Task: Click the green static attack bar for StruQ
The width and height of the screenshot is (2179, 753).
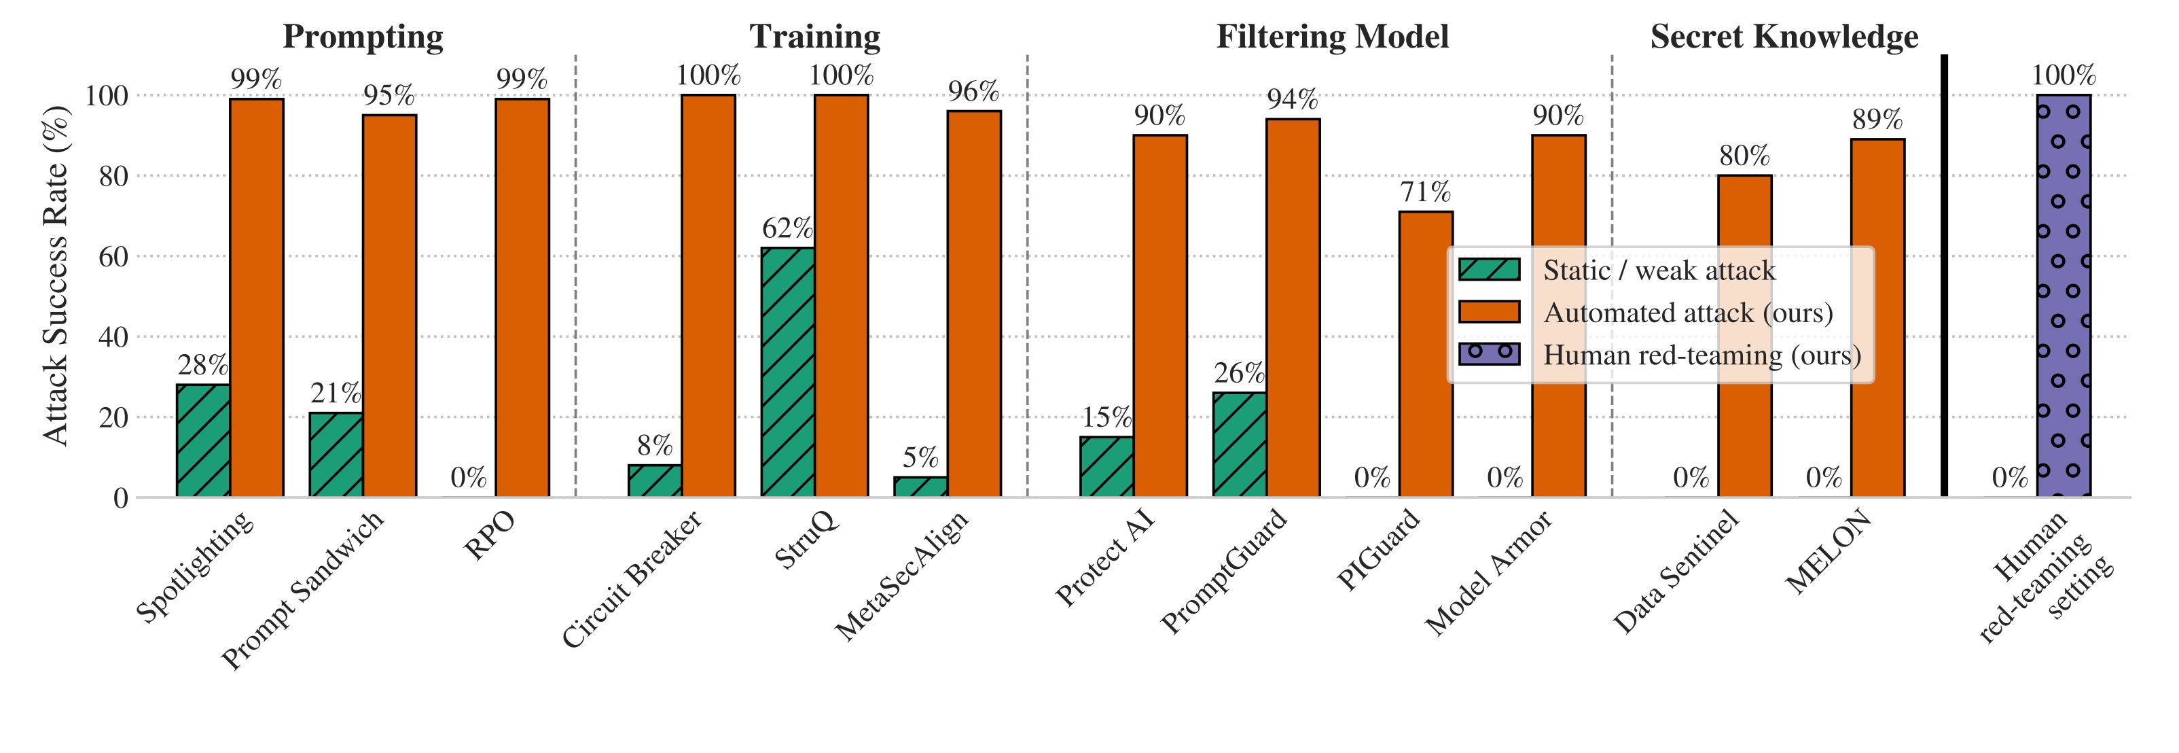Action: pyautogui.click(x=787, y=372)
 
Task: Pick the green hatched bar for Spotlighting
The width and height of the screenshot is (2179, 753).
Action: pyautogui.click(x=203, y=440)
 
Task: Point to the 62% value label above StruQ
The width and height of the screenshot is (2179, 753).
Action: pyautogui.click(x=787, y=228)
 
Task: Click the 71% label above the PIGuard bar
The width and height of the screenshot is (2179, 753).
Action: pyautogui.click(x=1425, y=192)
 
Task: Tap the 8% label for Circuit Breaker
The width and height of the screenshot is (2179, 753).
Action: pyautogui.click(x=655, y=445)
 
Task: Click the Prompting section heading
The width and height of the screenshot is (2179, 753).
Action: pyautogui.click(x=363, y=37)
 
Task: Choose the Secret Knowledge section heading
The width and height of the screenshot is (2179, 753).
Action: pyautogui.click(x=1784, y=37)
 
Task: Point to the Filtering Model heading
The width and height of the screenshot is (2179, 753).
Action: pyautogui.click(x=1332, y=37)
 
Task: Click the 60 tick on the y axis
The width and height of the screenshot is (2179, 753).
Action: pyautogui.click(x=113, y=256)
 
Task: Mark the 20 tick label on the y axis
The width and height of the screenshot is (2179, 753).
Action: pyautogui.click(x=113, y=417)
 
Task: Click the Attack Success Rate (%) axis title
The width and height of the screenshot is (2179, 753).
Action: pyautogui.click(x=55, y=275)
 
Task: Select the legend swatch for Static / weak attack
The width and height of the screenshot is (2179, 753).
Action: pyautogui.click(x=1490, y=270)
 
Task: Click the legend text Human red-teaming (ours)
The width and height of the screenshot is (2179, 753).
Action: pyautogui.click(x=1702, y=355)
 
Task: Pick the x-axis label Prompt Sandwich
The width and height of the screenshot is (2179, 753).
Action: pyautogui.click(x=303, y=590)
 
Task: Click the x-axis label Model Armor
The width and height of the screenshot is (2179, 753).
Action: pyautogui.click(x=1489, y=573)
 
